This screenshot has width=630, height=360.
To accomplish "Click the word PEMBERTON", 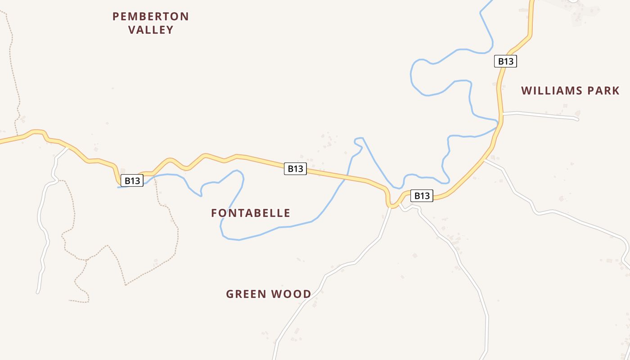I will [150, 17].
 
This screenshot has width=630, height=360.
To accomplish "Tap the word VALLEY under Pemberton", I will [151, 30].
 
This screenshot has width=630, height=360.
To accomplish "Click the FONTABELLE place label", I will [251, 213].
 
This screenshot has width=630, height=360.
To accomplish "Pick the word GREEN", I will [247, 294].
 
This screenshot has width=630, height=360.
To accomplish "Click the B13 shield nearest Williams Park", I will [505, 61].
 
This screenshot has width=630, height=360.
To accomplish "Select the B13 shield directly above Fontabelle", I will [295, 169].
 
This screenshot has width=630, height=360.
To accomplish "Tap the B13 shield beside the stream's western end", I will [132, 180].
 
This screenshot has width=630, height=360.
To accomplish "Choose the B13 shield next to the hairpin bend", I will [422, 196].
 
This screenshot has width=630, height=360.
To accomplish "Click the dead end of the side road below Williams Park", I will [577, 119].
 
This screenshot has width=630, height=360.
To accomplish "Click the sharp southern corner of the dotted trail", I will [126, 285].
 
